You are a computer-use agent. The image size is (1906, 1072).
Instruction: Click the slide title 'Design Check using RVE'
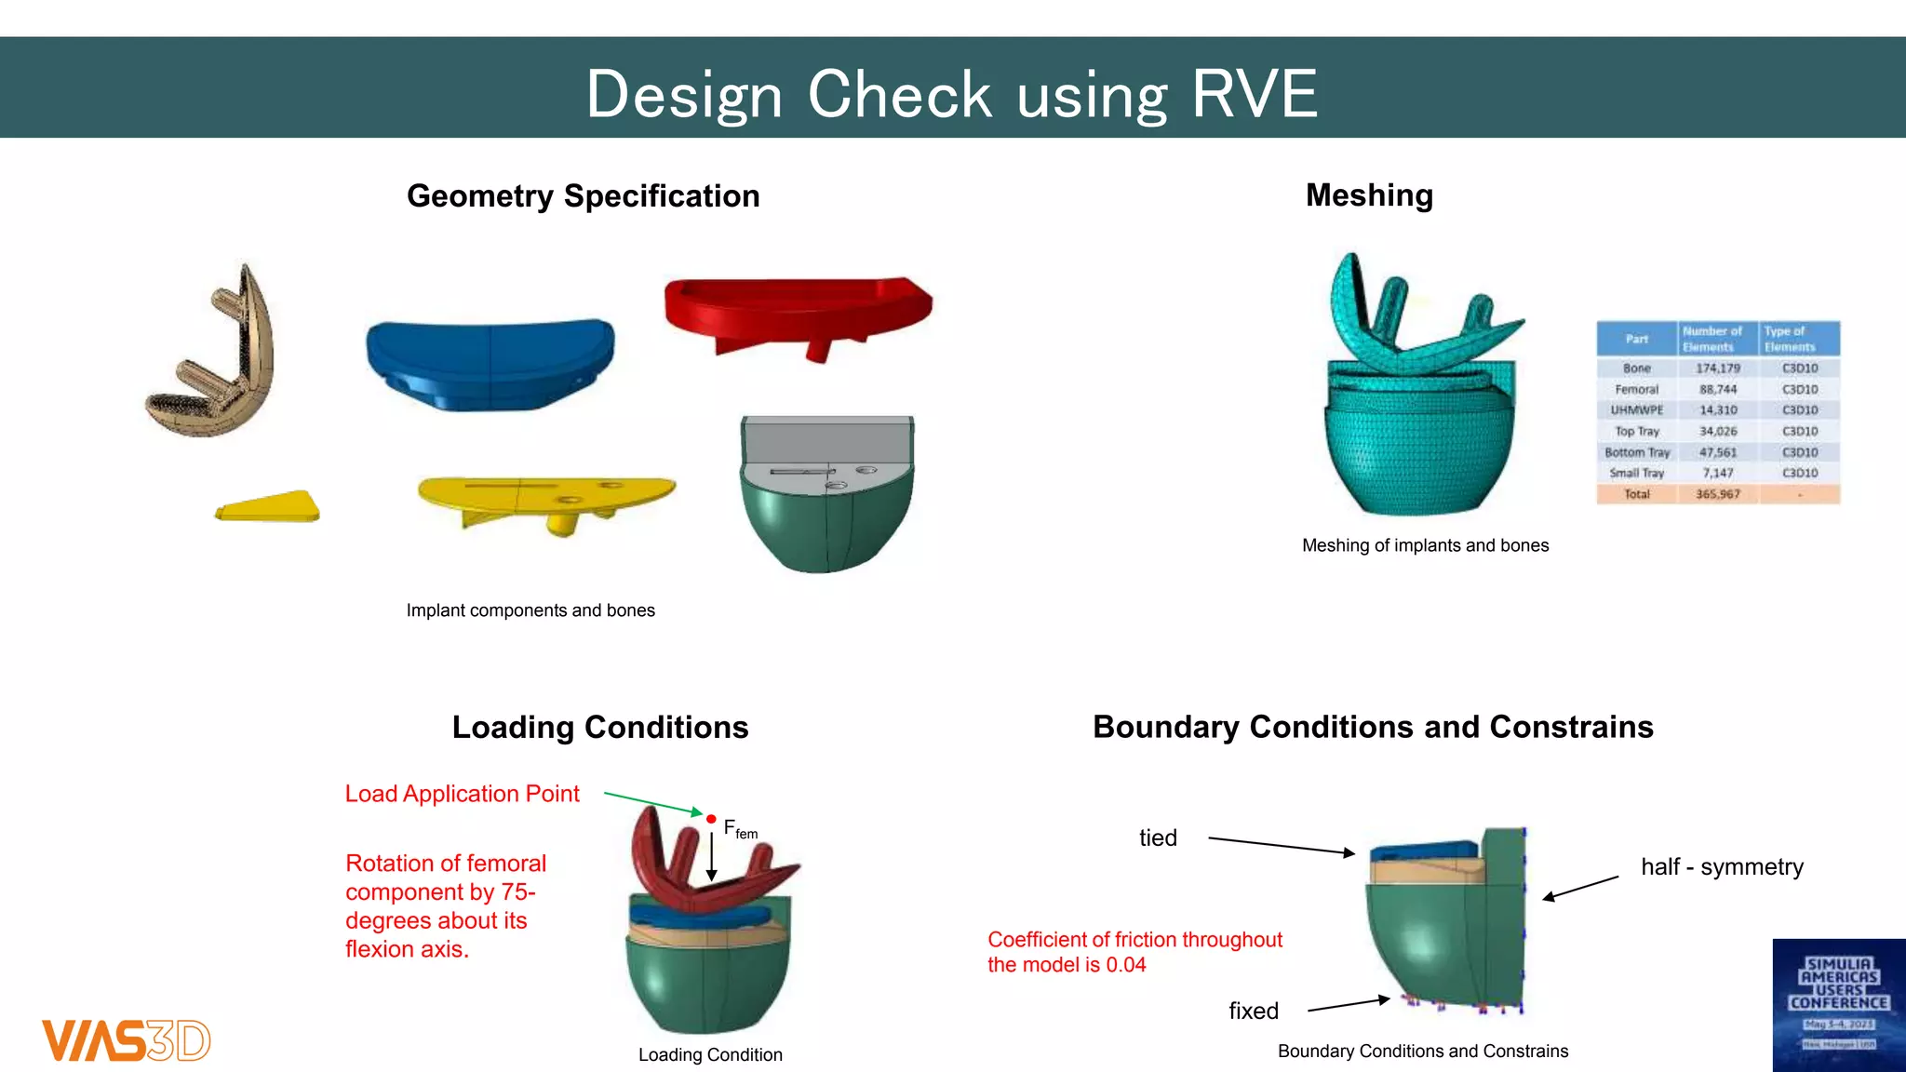point(951,94)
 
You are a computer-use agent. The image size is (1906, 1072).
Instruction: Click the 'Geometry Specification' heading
point(583,196)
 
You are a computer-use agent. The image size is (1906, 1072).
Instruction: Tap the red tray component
point(798,308)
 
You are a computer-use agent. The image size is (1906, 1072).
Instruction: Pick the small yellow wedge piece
point(269,507)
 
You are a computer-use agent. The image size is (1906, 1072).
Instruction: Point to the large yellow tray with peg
point(546,499)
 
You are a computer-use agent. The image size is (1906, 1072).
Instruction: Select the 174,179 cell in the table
point(1717,368)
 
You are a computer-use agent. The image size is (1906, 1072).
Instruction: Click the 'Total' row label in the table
point(1636,494)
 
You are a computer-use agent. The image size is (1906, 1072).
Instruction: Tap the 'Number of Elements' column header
point(1711,339)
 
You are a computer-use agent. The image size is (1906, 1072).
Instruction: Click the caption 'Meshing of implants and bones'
point(1425,545)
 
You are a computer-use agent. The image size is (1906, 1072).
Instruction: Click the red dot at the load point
point(711,819)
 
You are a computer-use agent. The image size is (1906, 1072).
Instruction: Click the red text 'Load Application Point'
point(462,794)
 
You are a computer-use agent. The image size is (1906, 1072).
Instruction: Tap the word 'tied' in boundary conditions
point(1158,837)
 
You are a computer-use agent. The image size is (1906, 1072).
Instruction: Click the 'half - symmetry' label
point(1722,867)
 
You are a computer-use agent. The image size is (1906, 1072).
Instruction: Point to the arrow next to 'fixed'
point(1349,1004)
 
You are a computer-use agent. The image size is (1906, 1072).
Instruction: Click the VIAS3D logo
point(127,1040)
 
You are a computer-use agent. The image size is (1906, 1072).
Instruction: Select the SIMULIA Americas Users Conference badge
point(1838,1005)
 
